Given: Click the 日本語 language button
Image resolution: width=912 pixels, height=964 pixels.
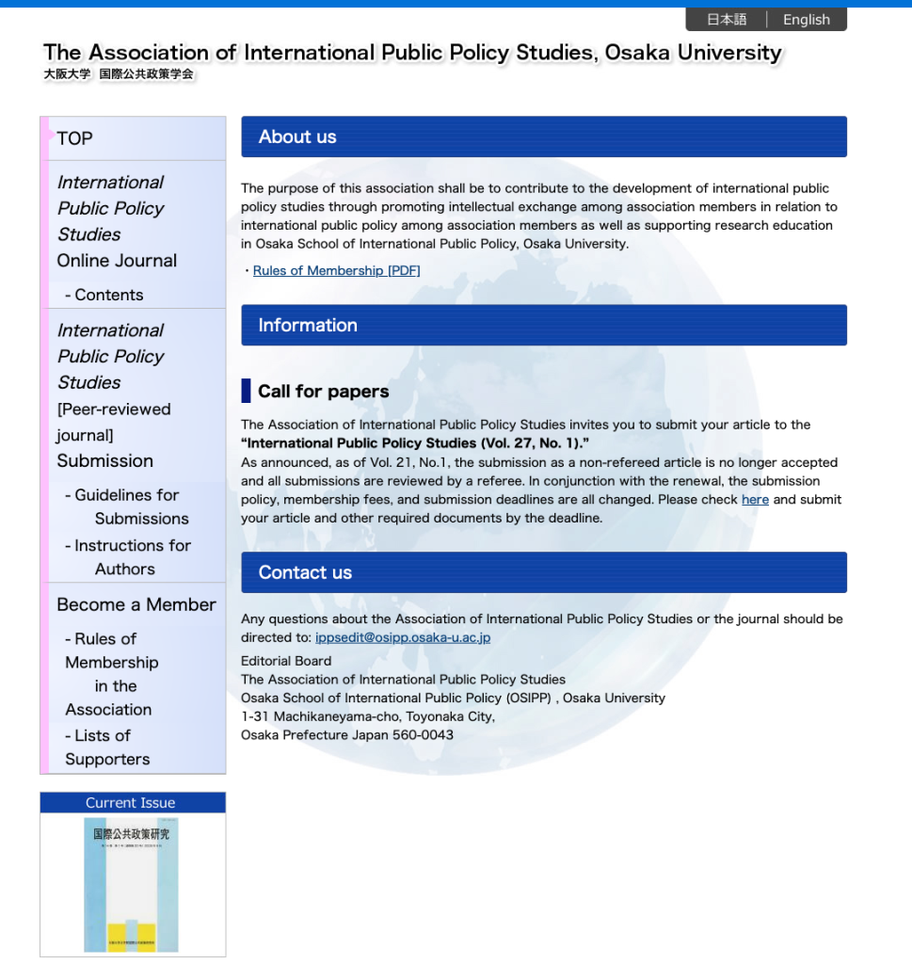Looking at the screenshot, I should click(x=727, y=20).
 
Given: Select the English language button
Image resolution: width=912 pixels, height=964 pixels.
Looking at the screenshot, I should click(x=807, y=20).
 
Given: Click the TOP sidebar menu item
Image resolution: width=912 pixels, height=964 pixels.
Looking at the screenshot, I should click(x=75, y=138).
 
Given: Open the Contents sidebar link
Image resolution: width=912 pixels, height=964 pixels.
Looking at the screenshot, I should click(x=108, y=295).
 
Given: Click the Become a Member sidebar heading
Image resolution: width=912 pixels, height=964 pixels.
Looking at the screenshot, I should click(x=136, y=604).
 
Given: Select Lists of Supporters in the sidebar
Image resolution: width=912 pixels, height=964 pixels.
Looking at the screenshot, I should click(x=106, y=747).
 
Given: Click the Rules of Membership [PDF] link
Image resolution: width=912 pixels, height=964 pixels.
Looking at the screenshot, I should click(x=337, y=271).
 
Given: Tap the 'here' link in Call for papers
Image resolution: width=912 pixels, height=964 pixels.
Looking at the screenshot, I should click(x=755, y=500).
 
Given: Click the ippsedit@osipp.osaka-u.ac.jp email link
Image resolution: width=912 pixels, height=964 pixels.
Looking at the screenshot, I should click(x=403, y=637).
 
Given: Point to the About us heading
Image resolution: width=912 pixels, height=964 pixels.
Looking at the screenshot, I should click(x=297, y=137).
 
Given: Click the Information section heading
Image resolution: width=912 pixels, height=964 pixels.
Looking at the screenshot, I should click(x=308, y=325).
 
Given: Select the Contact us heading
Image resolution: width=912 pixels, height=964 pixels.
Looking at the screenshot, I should click(x=305, y=572).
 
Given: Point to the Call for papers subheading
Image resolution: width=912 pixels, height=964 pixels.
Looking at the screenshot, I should click(x=323, y=391).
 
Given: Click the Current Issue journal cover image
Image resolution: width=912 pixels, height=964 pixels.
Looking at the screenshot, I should click(x=131, y=884).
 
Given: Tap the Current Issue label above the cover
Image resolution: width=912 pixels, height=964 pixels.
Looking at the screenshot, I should click(x=131, y=803).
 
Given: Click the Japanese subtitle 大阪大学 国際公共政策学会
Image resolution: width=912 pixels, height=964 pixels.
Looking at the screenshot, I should click(x=119, y=74).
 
